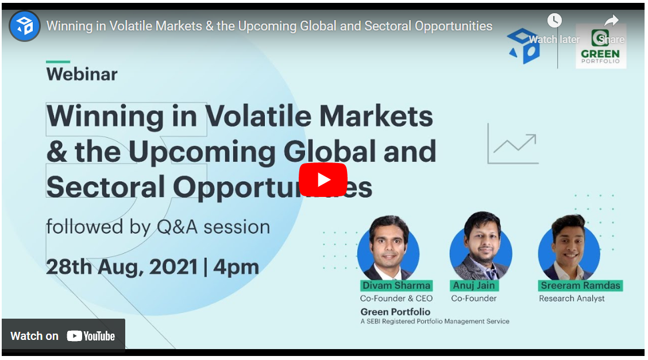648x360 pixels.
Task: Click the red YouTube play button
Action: click(x=323, y=180)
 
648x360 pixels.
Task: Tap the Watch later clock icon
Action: click(x=554, y=20)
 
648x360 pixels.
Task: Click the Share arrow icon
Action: click(x=611, y=20)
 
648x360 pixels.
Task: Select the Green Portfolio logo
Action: click(x=600, y=47)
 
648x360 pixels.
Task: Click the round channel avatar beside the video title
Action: click(x=24, y=26)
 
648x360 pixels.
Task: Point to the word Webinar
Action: click(x=82, y=74)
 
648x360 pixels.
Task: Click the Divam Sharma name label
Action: click(x=396, y=285)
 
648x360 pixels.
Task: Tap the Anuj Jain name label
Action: click(x=474, y=285)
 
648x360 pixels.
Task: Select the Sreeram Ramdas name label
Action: click(x=580, y=285)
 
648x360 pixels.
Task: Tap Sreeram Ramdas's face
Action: click(x=569, y=242)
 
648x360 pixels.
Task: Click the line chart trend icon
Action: click(x=513, y=144)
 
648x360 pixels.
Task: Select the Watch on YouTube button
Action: click(x=63, y=336)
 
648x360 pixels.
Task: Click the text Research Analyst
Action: click(x=572, y=299)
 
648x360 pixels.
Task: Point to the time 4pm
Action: click(x=236, y=267)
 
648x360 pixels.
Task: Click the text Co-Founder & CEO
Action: click(x=396, y=299)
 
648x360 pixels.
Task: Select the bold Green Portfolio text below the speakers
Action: click(x=395, y=312)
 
